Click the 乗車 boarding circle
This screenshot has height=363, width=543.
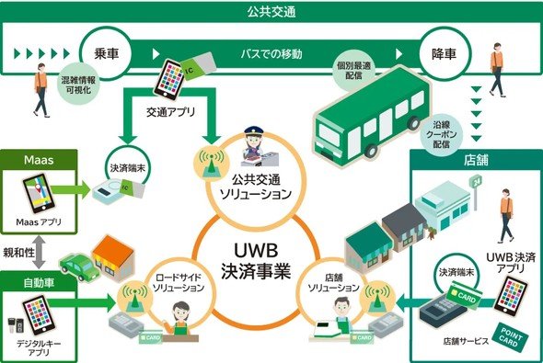tap(106, 53)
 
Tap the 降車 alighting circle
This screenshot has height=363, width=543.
tap(445, 53)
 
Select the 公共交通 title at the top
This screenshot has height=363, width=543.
tap(271, 12)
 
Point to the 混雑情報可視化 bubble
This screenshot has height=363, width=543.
tap(78, 85)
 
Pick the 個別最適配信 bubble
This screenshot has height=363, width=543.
tap(353, 70)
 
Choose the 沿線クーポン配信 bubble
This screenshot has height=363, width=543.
tap(441, 134)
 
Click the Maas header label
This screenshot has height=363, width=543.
tap(39, 160)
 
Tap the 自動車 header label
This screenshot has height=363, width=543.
tap(39, 283)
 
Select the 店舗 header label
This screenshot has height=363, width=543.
tap(476, 160)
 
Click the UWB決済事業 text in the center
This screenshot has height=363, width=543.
tap(256, 261)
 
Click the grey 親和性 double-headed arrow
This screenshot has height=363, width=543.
tap(39, 252)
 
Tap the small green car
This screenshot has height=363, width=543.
tap(77, 267)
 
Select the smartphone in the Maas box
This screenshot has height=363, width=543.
tap(38, 195)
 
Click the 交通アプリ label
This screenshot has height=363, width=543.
tap(170, 112)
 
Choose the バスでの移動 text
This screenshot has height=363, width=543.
tap(271, 54)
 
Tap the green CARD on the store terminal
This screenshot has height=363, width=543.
tap(464, 293)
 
